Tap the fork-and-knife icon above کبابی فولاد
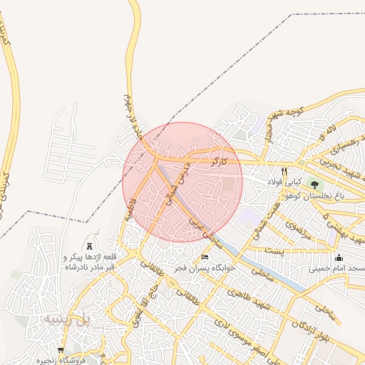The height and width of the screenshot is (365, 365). (284, 171)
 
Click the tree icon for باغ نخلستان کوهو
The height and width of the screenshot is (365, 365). (314, 185)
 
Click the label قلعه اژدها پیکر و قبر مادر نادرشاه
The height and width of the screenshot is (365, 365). (90, 261)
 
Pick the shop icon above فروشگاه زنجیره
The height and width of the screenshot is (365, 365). (61, 350)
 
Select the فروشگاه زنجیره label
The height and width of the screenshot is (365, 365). (62, 360)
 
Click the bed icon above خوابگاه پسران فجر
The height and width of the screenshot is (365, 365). (205, 257)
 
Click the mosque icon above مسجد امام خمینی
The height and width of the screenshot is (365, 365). (339, 258)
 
